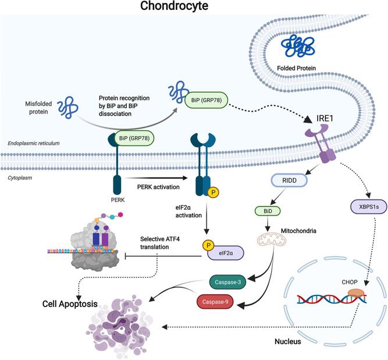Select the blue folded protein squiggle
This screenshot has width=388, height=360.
pyautogui.click(x=297, y=46)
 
